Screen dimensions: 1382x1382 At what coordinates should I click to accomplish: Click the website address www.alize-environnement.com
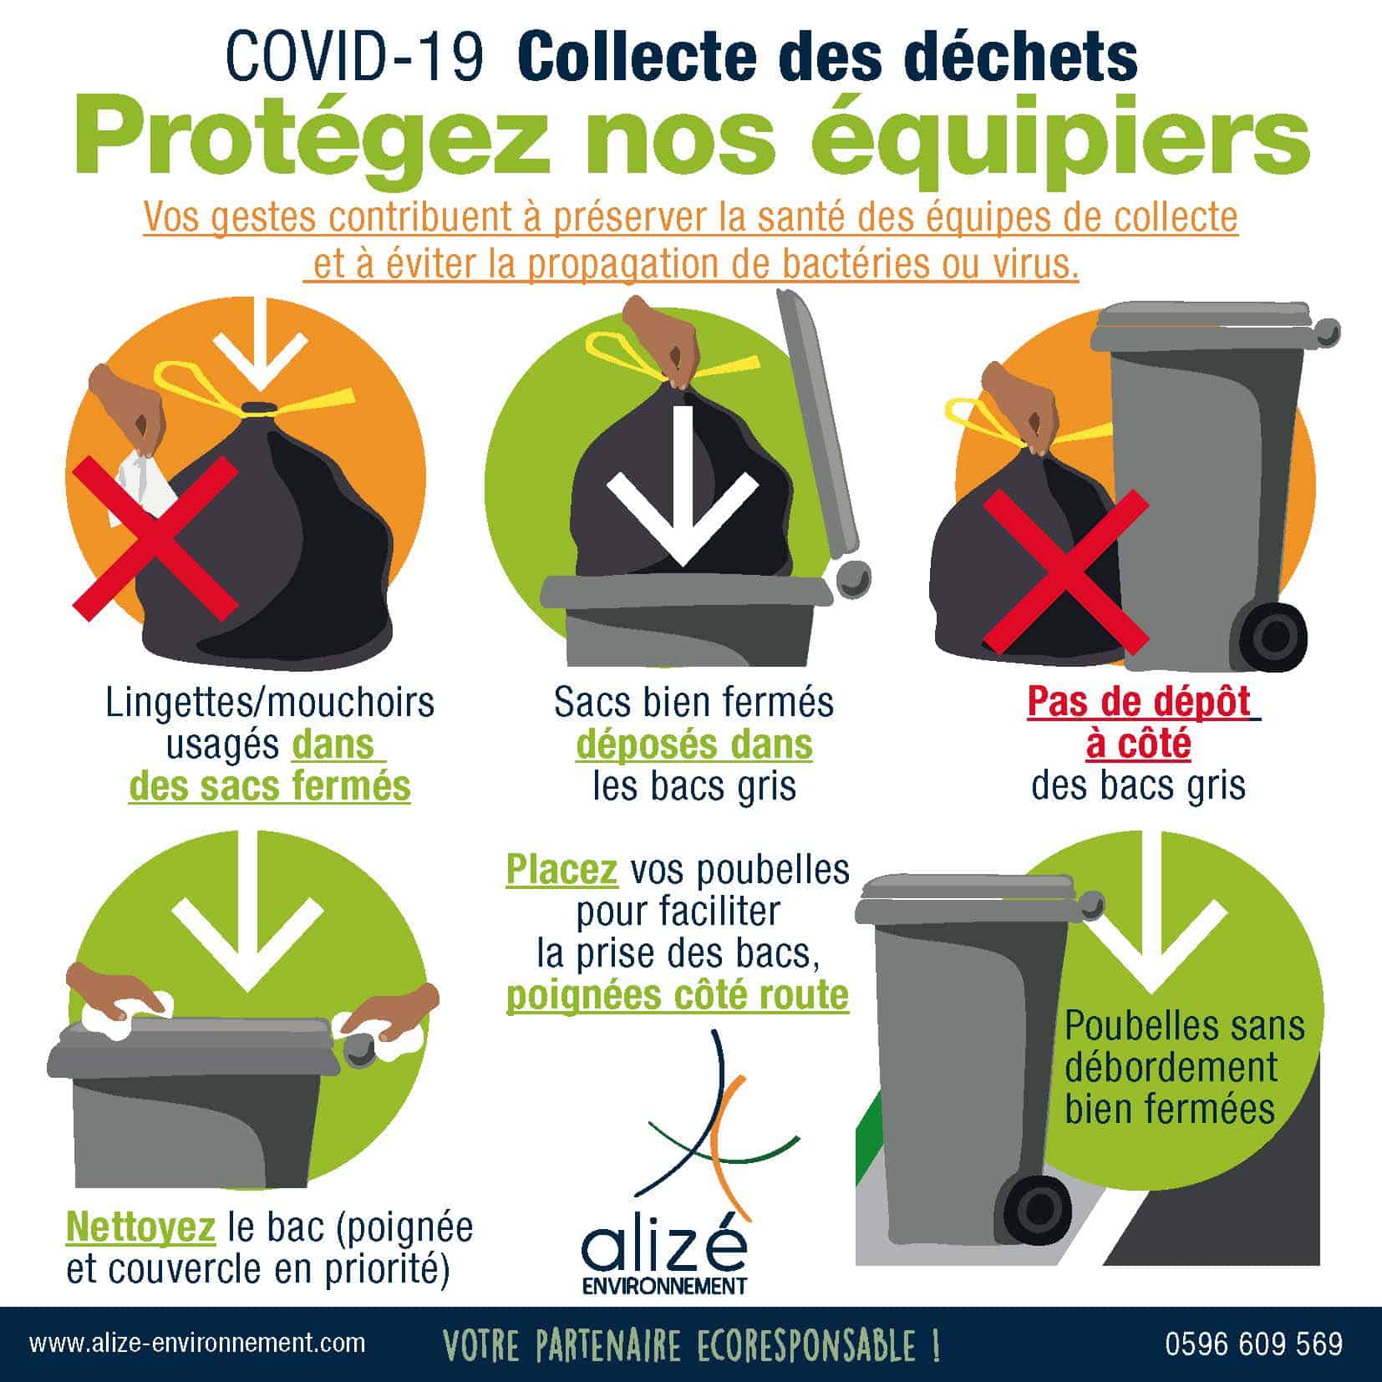click(x=197, y=1343)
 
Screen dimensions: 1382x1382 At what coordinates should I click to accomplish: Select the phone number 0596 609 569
click(x=1253, y=1344)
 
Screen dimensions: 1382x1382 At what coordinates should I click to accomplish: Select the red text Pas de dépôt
click(x=1141, y=702)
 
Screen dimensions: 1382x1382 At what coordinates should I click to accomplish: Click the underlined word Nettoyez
click(x=140, y=1228)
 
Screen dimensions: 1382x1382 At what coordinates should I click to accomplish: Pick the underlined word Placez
click(x=561, y=871)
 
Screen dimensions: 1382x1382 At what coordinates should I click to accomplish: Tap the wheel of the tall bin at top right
click(x=1271, y=637)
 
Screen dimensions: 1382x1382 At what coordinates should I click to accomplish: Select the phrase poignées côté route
click(x=678, y=994)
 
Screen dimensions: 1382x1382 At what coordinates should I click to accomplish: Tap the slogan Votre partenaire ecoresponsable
click(x=691, y=1344)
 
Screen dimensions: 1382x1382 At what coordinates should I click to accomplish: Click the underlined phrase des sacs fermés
click(x=270, y=785)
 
